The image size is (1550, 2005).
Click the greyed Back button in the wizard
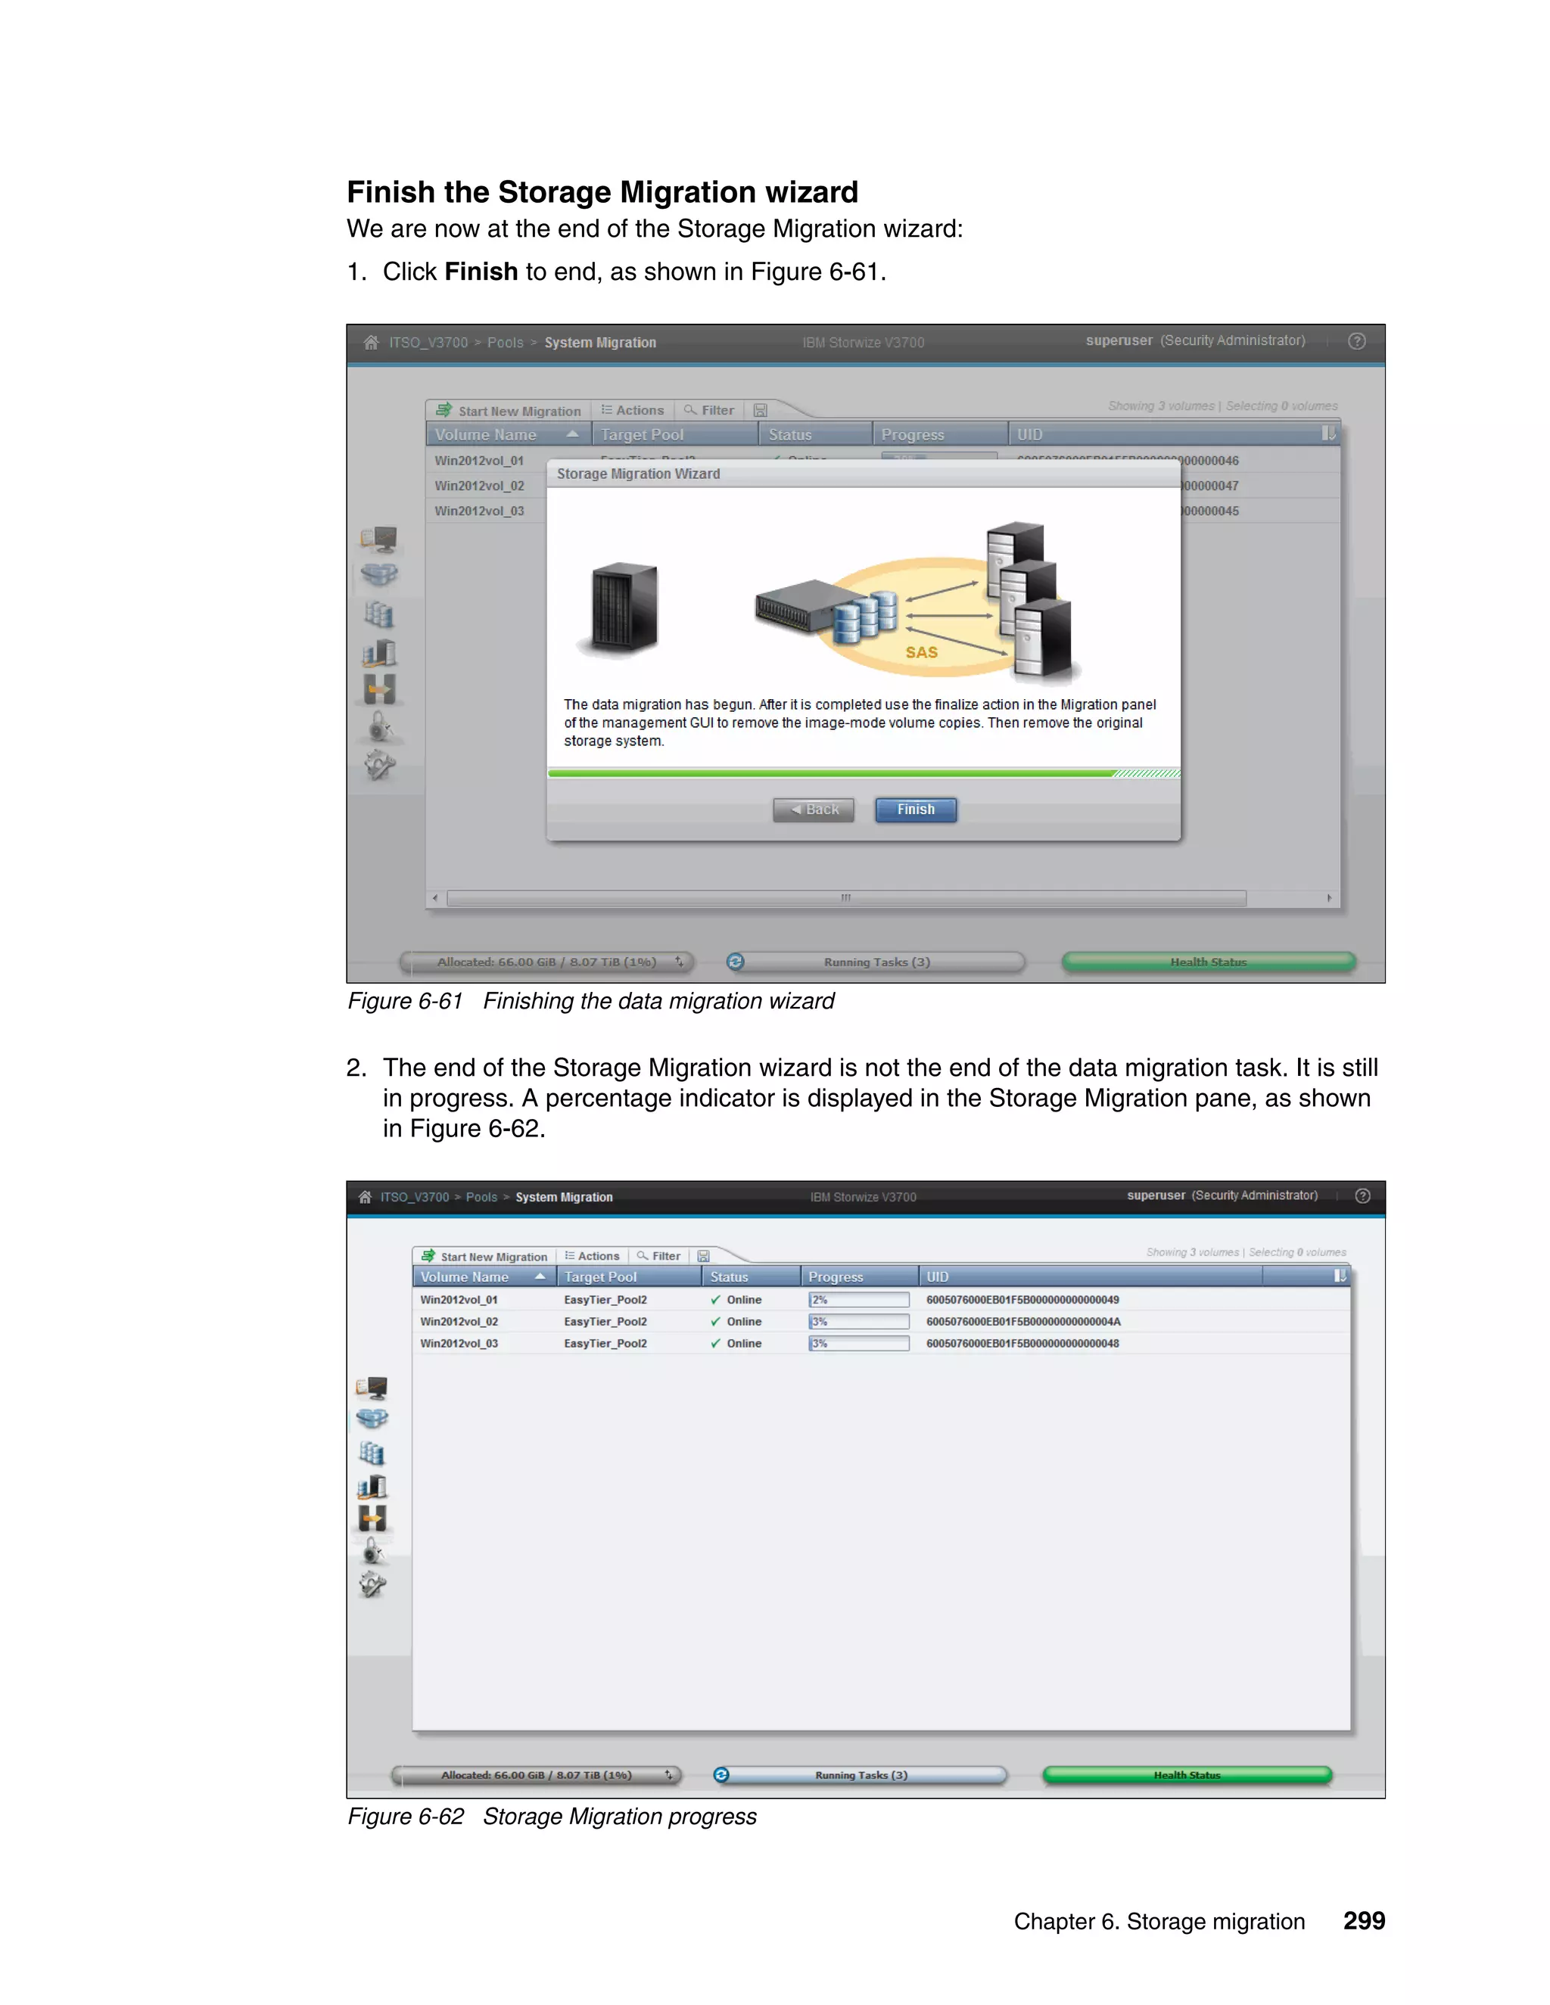pyautogui.click(x=814, y=809)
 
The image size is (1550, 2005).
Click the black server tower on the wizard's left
pyautogui.click(x=624, y=608)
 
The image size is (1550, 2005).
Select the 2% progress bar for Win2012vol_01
pyautogui.click(x=858, y=1299)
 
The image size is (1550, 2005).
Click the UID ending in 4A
pyautogui.click(x=1023, y=1321)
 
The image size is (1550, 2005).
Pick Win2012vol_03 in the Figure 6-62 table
pyautogui.click(x=459, y=1343)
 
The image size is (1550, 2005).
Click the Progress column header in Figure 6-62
pyautogui.click(x=836, y=1276)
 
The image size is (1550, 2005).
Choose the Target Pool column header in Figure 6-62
pyautogui.click(x=600, y=1276)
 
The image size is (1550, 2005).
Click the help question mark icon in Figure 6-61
pyautogui.click(x=1356, y=341)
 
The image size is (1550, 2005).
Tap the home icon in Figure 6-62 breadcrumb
pyautogui.click(x=365, y=1196)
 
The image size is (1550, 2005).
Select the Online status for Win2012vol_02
pyautogui.click(x=743, y=1321)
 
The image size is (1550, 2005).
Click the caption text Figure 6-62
pyautogui.click(x=406, y=1816)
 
